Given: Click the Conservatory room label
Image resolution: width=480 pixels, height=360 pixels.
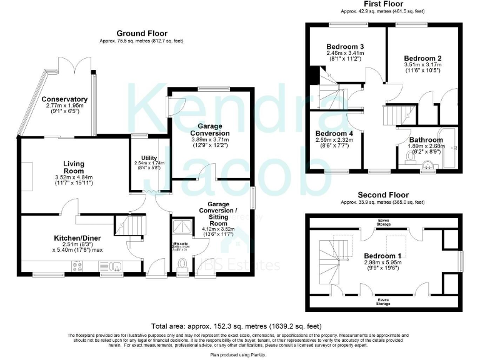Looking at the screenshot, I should click(x=64, y=99).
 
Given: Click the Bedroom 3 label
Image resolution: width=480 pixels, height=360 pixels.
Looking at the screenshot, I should click(x=345, y=47).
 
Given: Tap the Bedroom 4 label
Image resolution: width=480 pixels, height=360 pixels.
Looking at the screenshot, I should click(x=334, y=134).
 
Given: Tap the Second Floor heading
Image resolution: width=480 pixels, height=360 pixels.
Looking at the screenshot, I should click(x=382, y=195).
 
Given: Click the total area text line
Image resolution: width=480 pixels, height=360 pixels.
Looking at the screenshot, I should click(x=237, y=326).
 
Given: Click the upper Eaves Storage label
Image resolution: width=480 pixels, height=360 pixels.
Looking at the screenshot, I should click(x=382, y=221).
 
